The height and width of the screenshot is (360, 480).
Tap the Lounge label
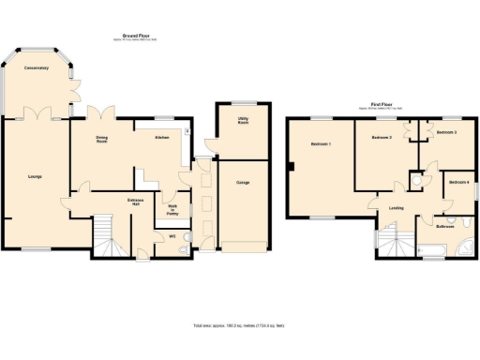pos(34,176)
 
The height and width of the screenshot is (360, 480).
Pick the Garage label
pos(242,183)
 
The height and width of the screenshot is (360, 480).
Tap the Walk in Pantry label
pos(172,210)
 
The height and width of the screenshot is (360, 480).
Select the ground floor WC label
pos(172,236)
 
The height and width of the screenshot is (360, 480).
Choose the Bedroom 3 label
pos(446,133)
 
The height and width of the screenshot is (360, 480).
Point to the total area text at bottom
pos(239,325)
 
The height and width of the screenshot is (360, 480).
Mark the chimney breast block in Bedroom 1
pos(292,168)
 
